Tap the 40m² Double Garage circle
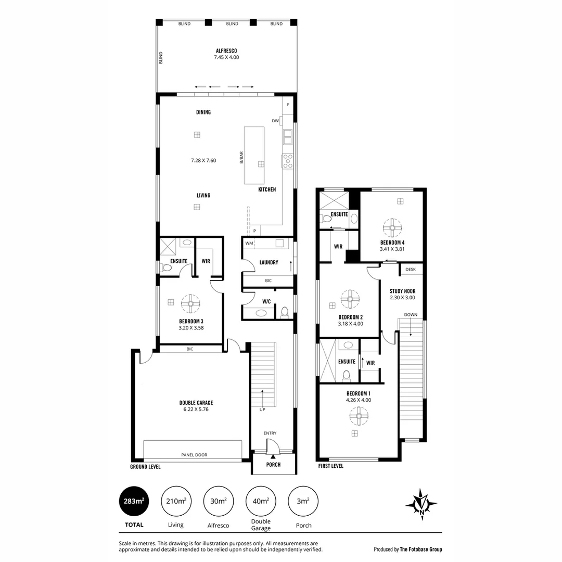coord(261,501)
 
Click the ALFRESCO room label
coord(226,50)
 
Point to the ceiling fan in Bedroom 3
coord(191,303)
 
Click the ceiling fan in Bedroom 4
coord(392,227)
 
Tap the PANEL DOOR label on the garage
coord(194,455)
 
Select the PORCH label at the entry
coord(273,465)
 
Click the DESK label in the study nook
coord(411,270)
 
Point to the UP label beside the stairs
coord(262,410)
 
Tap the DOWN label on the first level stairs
coord(411,314)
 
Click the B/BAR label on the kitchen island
coord(241,157)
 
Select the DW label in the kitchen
coord(275,121)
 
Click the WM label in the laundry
coord(249,243)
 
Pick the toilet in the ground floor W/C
coord(284,312)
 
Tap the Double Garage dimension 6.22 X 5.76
coord(196,409)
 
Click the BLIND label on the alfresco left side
coord(161,57)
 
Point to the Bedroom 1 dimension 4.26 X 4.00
coord(358,400)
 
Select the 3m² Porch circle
coord(303,501)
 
